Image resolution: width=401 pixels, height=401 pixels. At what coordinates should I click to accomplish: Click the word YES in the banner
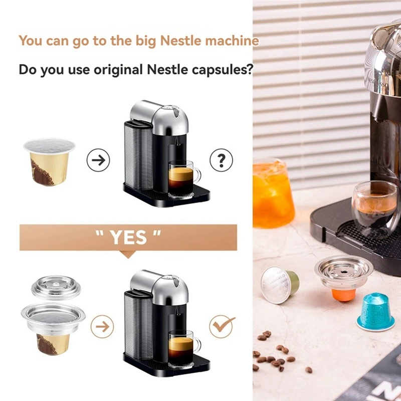click(x=128, y=237)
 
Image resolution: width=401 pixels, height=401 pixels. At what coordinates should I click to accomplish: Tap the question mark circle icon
click(x=221, y=160)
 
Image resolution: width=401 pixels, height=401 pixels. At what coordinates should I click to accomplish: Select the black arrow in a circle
click(x=98, y=160)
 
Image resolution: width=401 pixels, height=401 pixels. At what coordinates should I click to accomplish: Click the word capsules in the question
click(x=222, y=69)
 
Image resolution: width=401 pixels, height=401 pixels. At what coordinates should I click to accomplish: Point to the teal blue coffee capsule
click(x=375, y=311)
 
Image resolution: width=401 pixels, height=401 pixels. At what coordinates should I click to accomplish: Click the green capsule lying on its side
click(x=279, y=284)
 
